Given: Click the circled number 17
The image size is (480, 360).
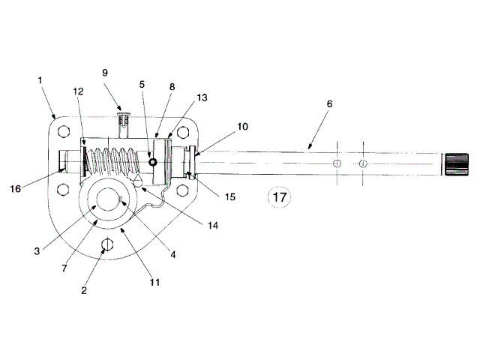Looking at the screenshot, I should pyautogui.click(x=279, y=198).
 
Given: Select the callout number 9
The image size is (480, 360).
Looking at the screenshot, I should pyautogui.click(x=105, y=73).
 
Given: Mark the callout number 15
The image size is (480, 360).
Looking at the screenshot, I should pyautogui.click(x=230, y=196).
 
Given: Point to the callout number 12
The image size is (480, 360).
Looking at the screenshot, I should pyautogui.click(x=78, y=91).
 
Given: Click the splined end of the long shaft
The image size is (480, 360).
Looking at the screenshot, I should pyautogui.click(x=455, y=163).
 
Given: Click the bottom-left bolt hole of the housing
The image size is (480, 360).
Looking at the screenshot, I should pyautogui.click(x=63, y=187).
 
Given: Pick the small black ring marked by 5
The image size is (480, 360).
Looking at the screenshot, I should pyautogui.click(x=152, y=161).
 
